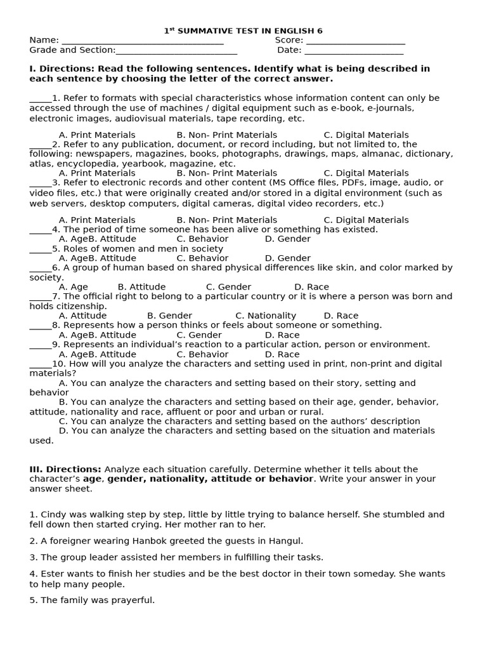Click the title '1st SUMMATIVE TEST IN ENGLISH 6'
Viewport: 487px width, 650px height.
click(x=243, y=30)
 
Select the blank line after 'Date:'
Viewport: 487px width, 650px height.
click(x=354, y=51)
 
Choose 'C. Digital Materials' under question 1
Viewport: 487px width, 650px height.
click(x=366, y=135)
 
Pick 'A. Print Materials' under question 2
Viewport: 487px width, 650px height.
click(x=97, y=173)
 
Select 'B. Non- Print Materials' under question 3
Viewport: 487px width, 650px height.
click(x=226, y=220)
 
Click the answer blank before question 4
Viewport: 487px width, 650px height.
click(x=40, y=230)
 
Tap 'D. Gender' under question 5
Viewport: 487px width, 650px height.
click(x=287, y=258)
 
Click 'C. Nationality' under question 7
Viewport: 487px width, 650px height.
click(x=266, y=315)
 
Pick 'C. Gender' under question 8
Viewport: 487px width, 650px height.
click(x=199, y=335)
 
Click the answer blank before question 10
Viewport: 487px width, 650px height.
click(x=40, y=365)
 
